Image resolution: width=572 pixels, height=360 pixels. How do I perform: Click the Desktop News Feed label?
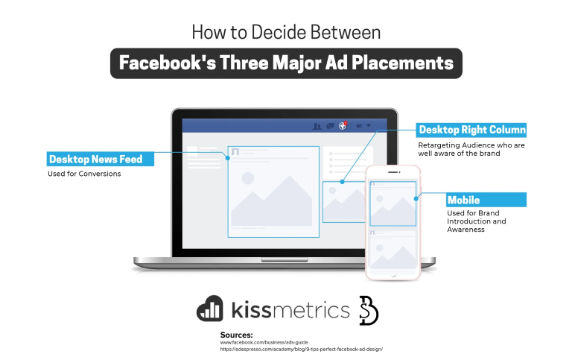coord(95,159)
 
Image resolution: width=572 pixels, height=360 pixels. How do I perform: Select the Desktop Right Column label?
coord(472,129)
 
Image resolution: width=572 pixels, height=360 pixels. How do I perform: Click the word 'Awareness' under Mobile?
coord(465,230)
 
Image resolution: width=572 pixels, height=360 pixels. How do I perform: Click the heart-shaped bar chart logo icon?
coord(210,308)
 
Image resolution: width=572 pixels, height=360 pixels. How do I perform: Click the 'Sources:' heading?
coord(236,335)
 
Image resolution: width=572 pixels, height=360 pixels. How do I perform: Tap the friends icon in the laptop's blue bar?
coord(317,126)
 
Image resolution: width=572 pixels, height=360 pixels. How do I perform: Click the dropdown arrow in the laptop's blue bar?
coord(368,126)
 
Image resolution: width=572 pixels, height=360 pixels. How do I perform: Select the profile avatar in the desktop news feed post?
coord(235,152)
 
